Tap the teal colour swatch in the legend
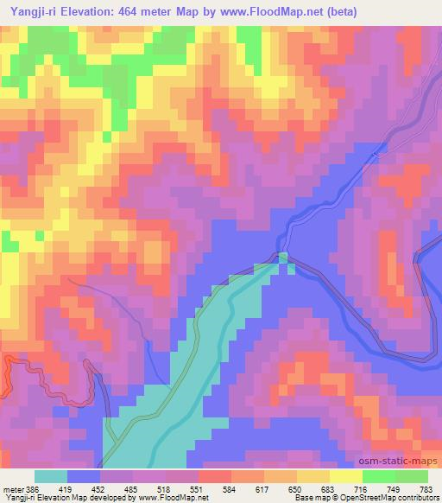(x=51, y=475)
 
